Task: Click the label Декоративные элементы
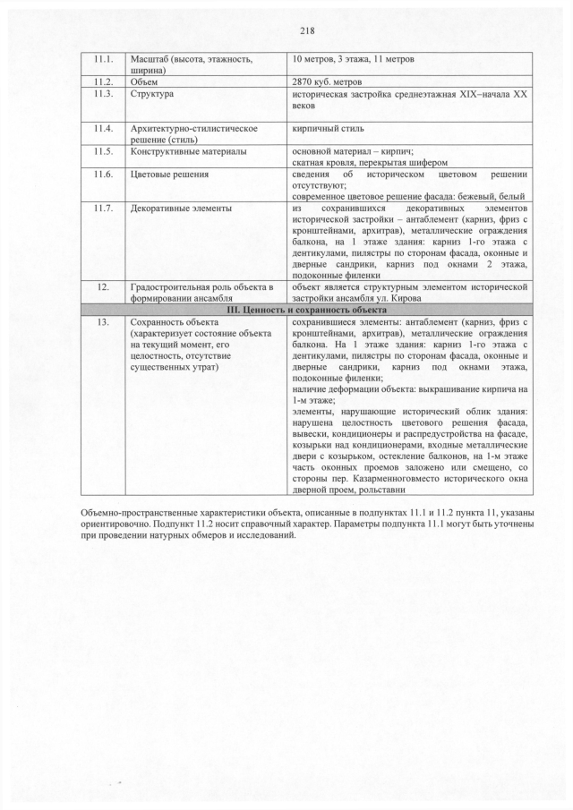coord(181,209)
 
